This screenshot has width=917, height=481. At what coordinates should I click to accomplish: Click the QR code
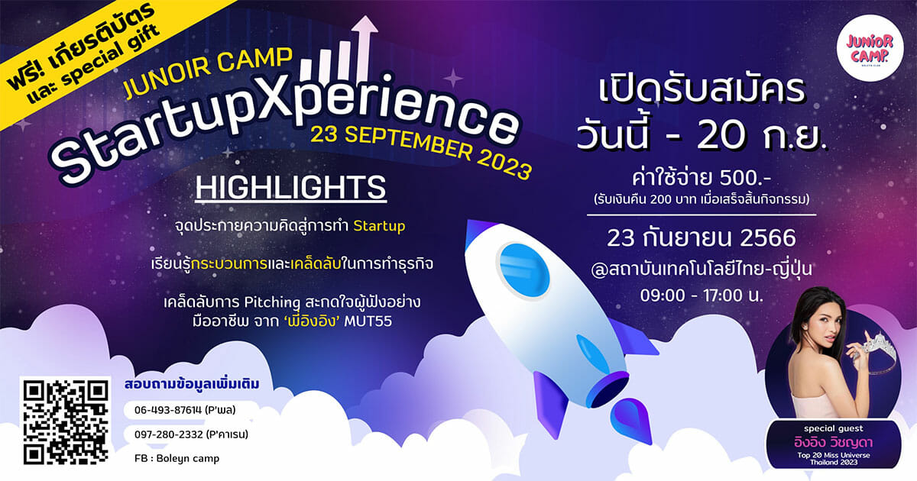coord(66,422)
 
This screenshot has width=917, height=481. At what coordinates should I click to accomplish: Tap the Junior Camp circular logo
coord(870,48)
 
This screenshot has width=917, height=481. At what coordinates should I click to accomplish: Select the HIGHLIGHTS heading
coord(290,188)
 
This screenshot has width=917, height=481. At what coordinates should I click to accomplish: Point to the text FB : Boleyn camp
coord(177,458)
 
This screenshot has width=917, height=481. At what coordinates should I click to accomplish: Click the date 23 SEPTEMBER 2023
coord(422,152)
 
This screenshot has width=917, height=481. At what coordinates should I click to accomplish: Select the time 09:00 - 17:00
coord(692,295)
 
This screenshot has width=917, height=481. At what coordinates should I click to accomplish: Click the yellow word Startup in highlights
coord(379,226)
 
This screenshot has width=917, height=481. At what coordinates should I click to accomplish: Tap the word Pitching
coord(272,302)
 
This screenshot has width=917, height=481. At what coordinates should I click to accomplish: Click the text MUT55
coord(368,321)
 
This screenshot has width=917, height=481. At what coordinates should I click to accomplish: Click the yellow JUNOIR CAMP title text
coord(208,73)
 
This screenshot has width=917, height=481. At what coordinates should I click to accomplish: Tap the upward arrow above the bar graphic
coord(365,45)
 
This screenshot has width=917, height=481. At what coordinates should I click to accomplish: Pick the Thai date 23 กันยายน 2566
coord(702,238)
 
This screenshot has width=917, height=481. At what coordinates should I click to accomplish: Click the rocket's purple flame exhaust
coord(630,421)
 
